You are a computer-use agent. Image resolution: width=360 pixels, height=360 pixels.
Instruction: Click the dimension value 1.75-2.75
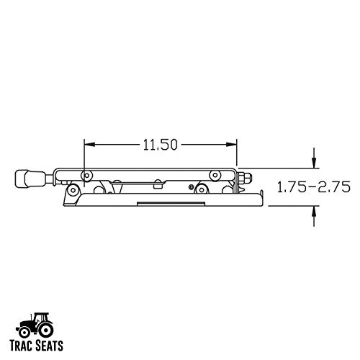coord(314,189)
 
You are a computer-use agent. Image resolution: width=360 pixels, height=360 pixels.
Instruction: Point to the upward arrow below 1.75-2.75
coord(314,210)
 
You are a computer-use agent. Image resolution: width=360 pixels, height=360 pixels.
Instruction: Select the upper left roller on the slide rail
coord(86,175)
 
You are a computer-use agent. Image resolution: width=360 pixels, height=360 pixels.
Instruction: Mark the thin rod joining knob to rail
coord(53,176)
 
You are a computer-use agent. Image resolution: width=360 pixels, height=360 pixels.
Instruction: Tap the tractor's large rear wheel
coord(26,330)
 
